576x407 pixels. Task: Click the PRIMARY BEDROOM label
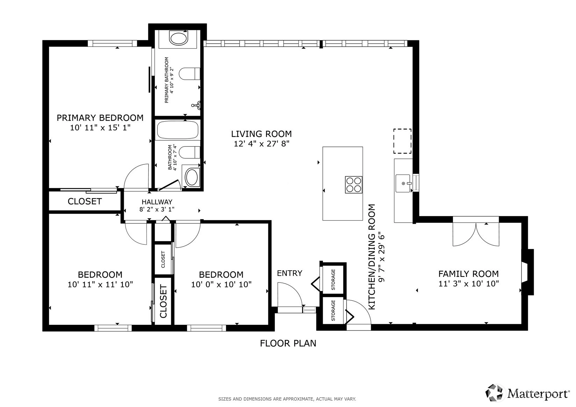[x=100, y=118]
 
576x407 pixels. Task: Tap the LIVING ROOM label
[x=261, y=134]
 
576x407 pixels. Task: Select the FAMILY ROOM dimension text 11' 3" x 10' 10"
[x=469, y=284]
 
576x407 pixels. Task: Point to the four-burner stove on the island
[x=354, y=185]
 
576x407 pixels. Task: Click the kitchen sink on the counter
[x=403, y=183]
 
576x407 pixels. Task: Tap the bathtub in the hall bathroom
[x=178, y=130]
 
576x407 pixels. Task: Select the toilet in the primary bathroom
[x=189, y=74]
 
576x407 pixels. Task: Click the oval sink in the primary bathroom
[x=178, y=38]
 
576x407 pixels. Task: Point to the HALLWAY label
[x=157, y=202]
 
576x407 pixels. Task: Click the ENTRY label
[x=290, y=273]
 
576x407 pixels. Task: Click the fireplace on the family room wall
[x=527, y=272]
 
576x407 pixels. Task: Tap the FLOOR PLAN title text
[x=288, y=343]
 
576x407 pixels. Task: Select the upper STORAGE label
[x=333, y=279]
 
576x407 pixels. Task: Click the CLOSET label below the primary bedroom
[x=85, y=201]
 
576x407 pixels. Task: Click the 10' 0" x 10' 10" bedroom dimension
[x=221, y=284]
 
